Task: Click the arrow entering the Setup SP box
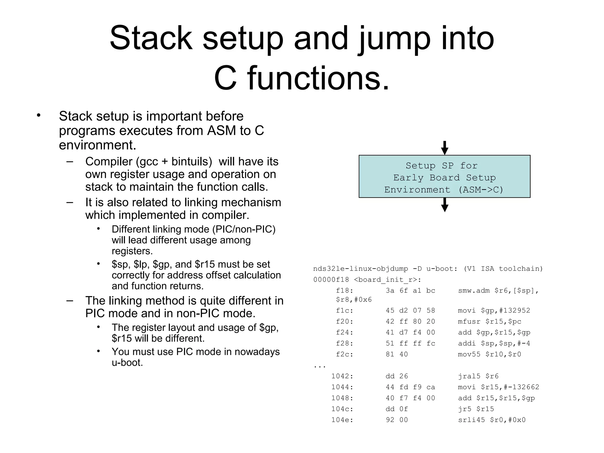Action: point(444,148)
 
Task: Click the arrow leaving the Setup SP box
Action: point(444,205)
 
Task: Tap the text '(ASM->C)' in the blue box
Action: point(481,190)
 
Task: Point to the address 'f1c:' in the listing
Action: point(344,311)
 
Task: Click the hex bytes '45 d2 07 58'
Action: point(410,311)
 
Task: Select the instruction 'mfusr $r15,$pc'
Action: point(490,321)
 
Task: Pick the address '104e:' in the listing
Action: point(342,420)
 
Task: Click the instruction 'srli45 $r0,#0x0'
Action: point(492,420)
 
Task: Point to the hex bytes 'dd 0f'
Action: point(397,409)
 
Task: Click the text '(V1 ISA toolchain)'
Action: point(503,269)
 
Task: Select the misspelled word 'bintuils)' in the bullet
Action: point(192,162)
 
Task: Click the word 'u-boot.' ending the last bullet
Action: point(127,362)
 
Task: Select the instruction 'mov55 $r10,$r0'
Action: point(490,354)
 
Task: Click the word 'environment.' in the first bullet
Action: point(98,145)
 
